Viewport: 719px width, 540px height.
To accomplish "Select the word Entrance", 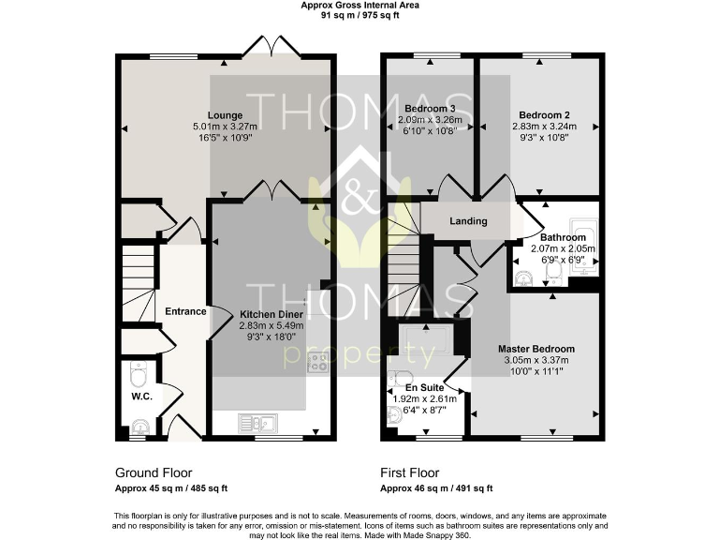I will (185, 311).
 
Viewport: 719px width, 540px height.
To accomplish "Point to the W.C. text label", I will (141, 397).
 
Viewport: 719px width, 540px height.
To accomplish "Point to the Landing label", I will (468, 222).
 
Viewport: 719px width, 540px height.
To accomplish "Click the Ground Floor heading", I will (154, 472).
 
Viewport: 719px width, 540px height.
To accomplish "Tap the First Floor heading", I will (409, 472).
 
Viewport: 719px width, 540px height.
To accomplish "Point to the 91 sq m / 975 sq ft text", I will (359, 15).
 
